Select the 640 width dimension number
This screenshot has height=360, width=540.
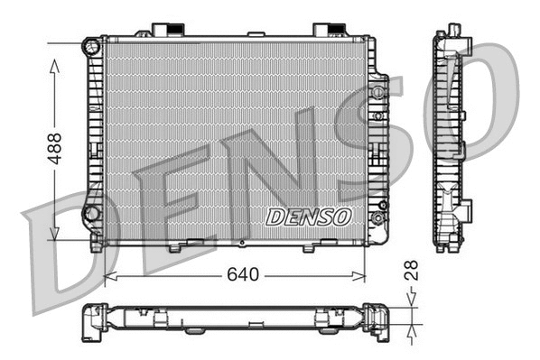tap(242, 274)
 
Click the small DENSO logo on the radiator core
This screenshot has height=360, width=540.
tap(309, 217)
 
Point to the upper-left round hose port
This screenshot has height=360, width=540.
tap(91, 46)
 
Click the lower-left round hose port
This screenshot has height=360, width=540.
tap(91, 214)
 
